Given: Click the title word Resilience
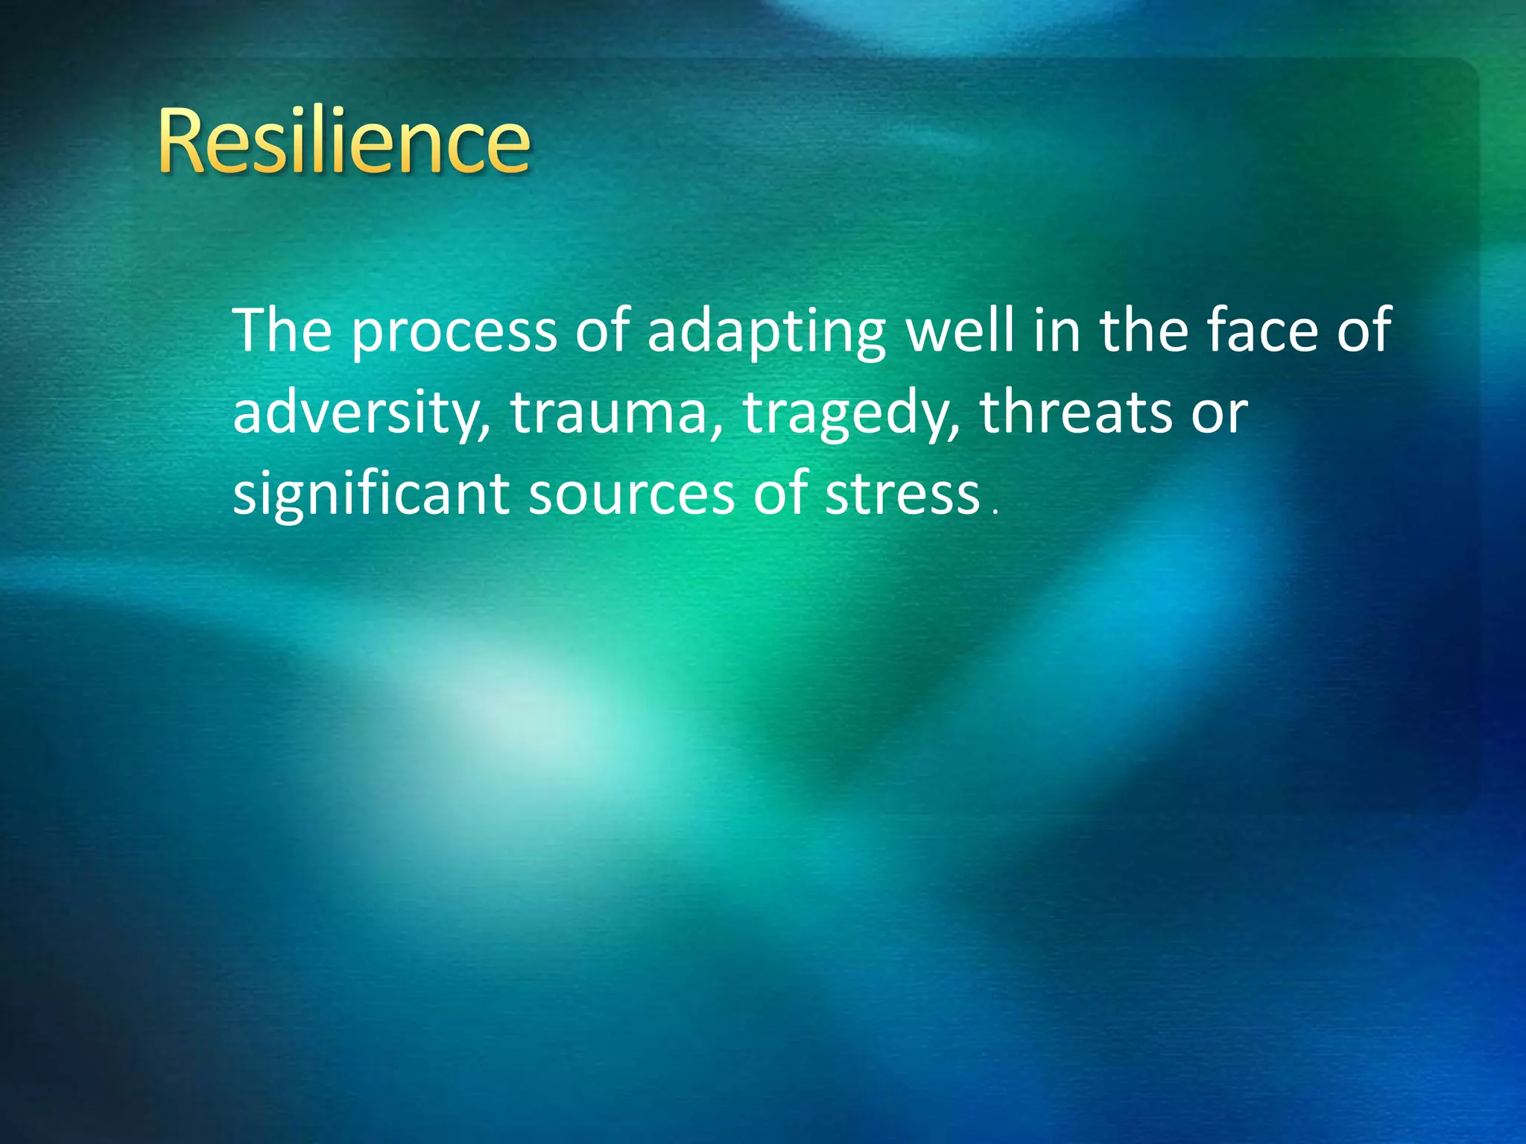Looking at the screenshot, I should point(343,141).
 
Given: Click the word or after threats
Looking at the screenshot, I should point(1219,414).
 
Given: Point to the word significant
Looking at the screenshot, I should point(371,495).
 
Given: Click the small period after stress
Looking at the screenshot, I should point(995,512).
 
